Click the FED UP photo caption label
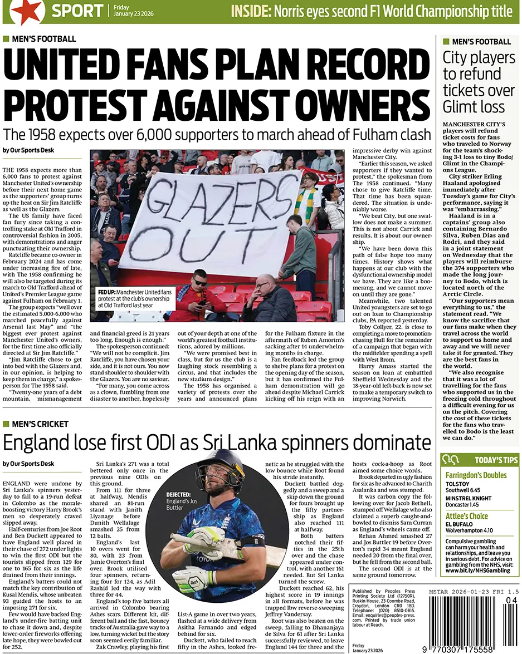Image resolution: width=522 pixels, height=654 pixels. [x=107, y=292]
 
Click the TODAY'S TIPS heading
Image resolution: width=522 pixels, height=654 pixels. [x=496, y=460]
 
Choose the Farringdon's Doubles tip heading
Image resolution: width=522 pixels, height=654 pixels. [x=476, y=475]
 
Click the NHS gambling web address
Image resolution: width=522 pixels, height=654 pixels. [x=477, y=570]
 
